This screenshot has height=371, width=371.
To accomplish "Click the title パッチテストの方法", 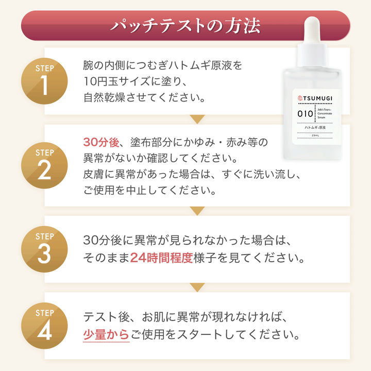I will tap(185, 26).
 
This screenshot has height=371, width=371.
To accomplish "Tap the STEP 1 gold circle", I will tap(44, 81).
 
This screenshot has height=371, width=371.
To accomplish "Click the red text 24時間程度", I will tap(161, 258).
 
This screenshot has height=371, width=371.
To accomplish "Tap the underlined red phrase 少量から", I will tap(106, 335).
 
